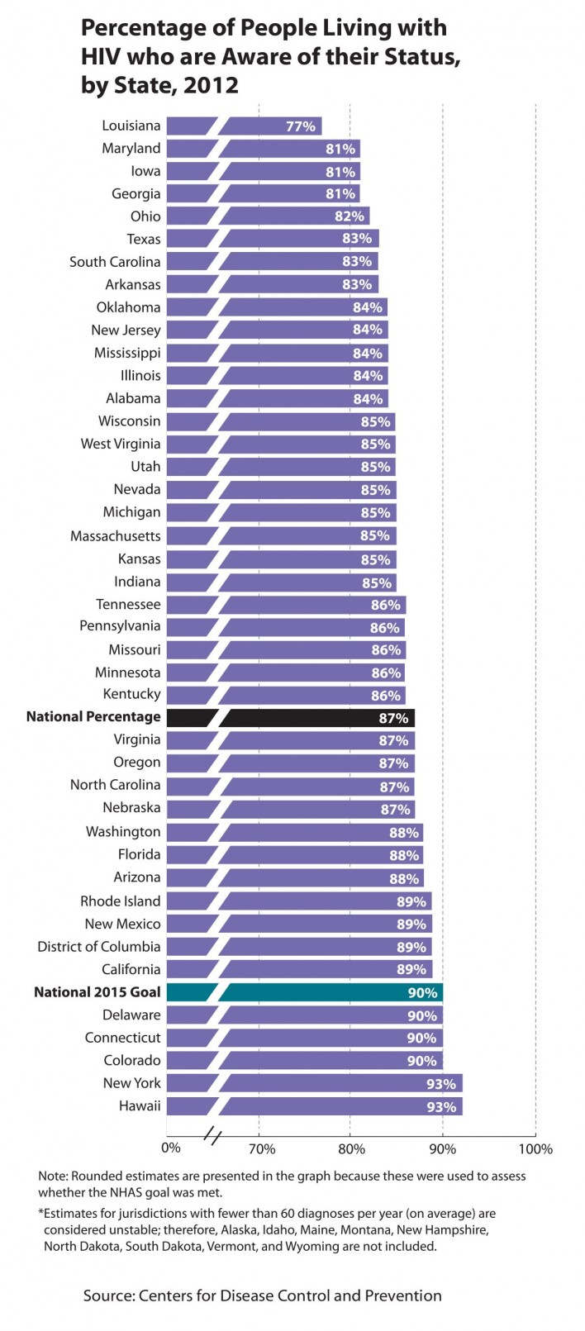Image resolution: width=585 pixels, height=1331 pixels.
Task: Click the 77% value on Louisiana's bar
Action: pyautogui.click(x=301, y=126)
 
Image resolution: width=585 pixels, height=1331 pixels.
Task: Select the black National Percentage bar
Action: pyautogui.click(x=314, y=717)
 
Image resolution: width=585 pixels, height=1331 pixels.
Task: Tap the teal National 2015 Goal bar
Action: pyautogui.click(x=331, y=992)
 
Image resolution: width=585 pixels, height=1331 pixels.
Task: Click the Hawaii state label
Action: pyautogui.click(x=139, y=1105)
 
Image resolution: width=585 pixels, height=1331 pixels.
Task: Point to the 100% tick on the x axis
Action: pyautogui.click(x=535, y=1148)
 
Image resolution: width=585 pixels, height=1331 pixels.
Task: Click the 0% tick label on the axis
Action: pyautogui.click(x=171, y=1148)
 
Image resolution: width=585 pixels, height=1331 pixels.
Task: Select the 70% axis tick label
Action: pyautogui.click(x=261, y=1148)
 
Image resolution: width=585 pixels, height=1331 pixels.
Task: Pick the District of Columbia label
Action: pyautogui.click(x=99, y=946)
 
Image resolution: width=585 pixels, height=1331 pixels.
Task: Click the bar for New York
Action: pyautogui.click(x=339, y=1083)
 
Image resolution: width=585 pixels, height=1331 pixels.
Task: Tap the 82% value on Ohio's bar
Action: pyautogui.click(x=349, y=216)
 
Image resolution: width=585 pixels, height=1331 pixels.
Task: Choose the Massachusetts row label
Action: pyautogui.click(x=116, y=536)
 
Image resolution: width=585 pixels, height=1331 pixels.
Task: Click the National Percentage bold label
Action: pyautogui.click(x=93, y=716)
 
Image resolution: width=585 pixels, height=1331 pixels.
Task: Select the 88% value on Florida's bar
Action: pyautogui.click(x=405, y=855)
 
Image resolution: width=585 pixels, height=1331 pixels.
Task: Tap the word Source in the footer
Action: pyautogui.click(x=107, y=1295)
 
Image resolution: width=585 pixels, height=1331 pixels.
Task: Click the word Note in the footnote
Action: pyautogui.click(x=53, y=1176)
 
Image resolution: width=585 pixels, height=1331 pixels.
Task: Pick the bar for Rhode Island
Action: pyautogui.click(x=322, y=901)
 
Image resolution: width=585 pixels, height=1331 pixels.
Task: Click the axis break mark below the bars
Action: pyautogui.click(x=212, y=1137)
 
